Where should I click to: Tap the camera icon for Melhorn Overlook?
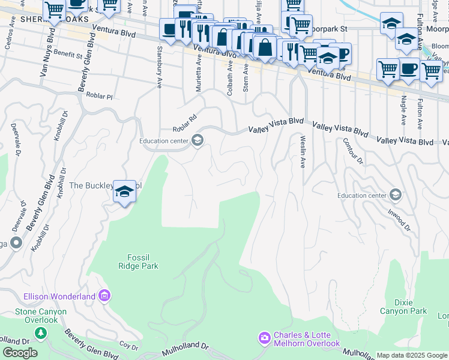tap(265, 339)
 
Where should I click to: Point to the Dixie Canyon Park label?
tap(403, 306)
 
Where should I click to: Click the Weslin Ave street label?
tap(303, 151)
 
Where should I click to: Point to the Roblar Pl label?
tap(100, 95)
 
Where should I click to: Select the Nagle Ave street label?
tap(403, 110)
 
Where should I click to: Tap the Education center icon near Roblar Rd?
tap(197, 141)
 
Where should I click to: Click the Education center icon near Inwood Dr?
tap(395, 195)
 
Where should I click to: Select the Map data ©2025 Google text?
tap(412, 355)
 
